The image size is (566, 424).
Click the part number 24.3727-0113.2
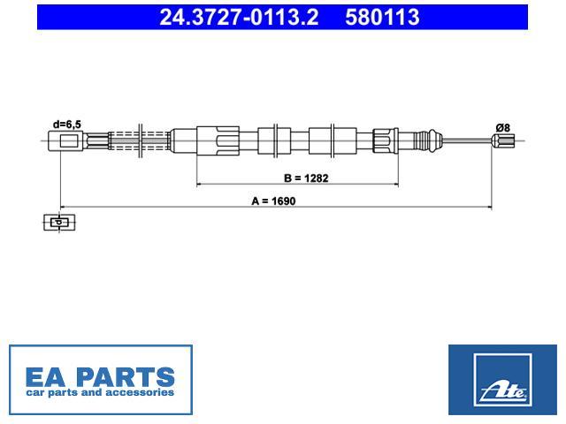point(239,18)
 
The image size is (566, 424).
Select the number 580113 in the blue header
point(382,18)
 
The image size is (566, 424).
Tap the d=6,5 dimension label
point(67,125)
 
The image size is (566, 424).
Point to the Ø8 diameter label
point(502,127)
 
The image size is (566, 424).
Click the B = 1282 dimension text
point(306,178)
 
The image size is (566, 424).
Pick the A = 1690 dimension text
point(273,201)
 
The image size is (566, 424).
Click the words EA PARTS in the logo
point(100,377)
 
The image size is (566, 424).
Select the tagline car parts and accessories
point(100,392)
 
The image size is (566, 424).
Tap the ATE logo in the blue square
point(502,380)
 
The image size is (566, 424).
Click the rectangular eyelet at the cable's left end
point(65,141)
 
